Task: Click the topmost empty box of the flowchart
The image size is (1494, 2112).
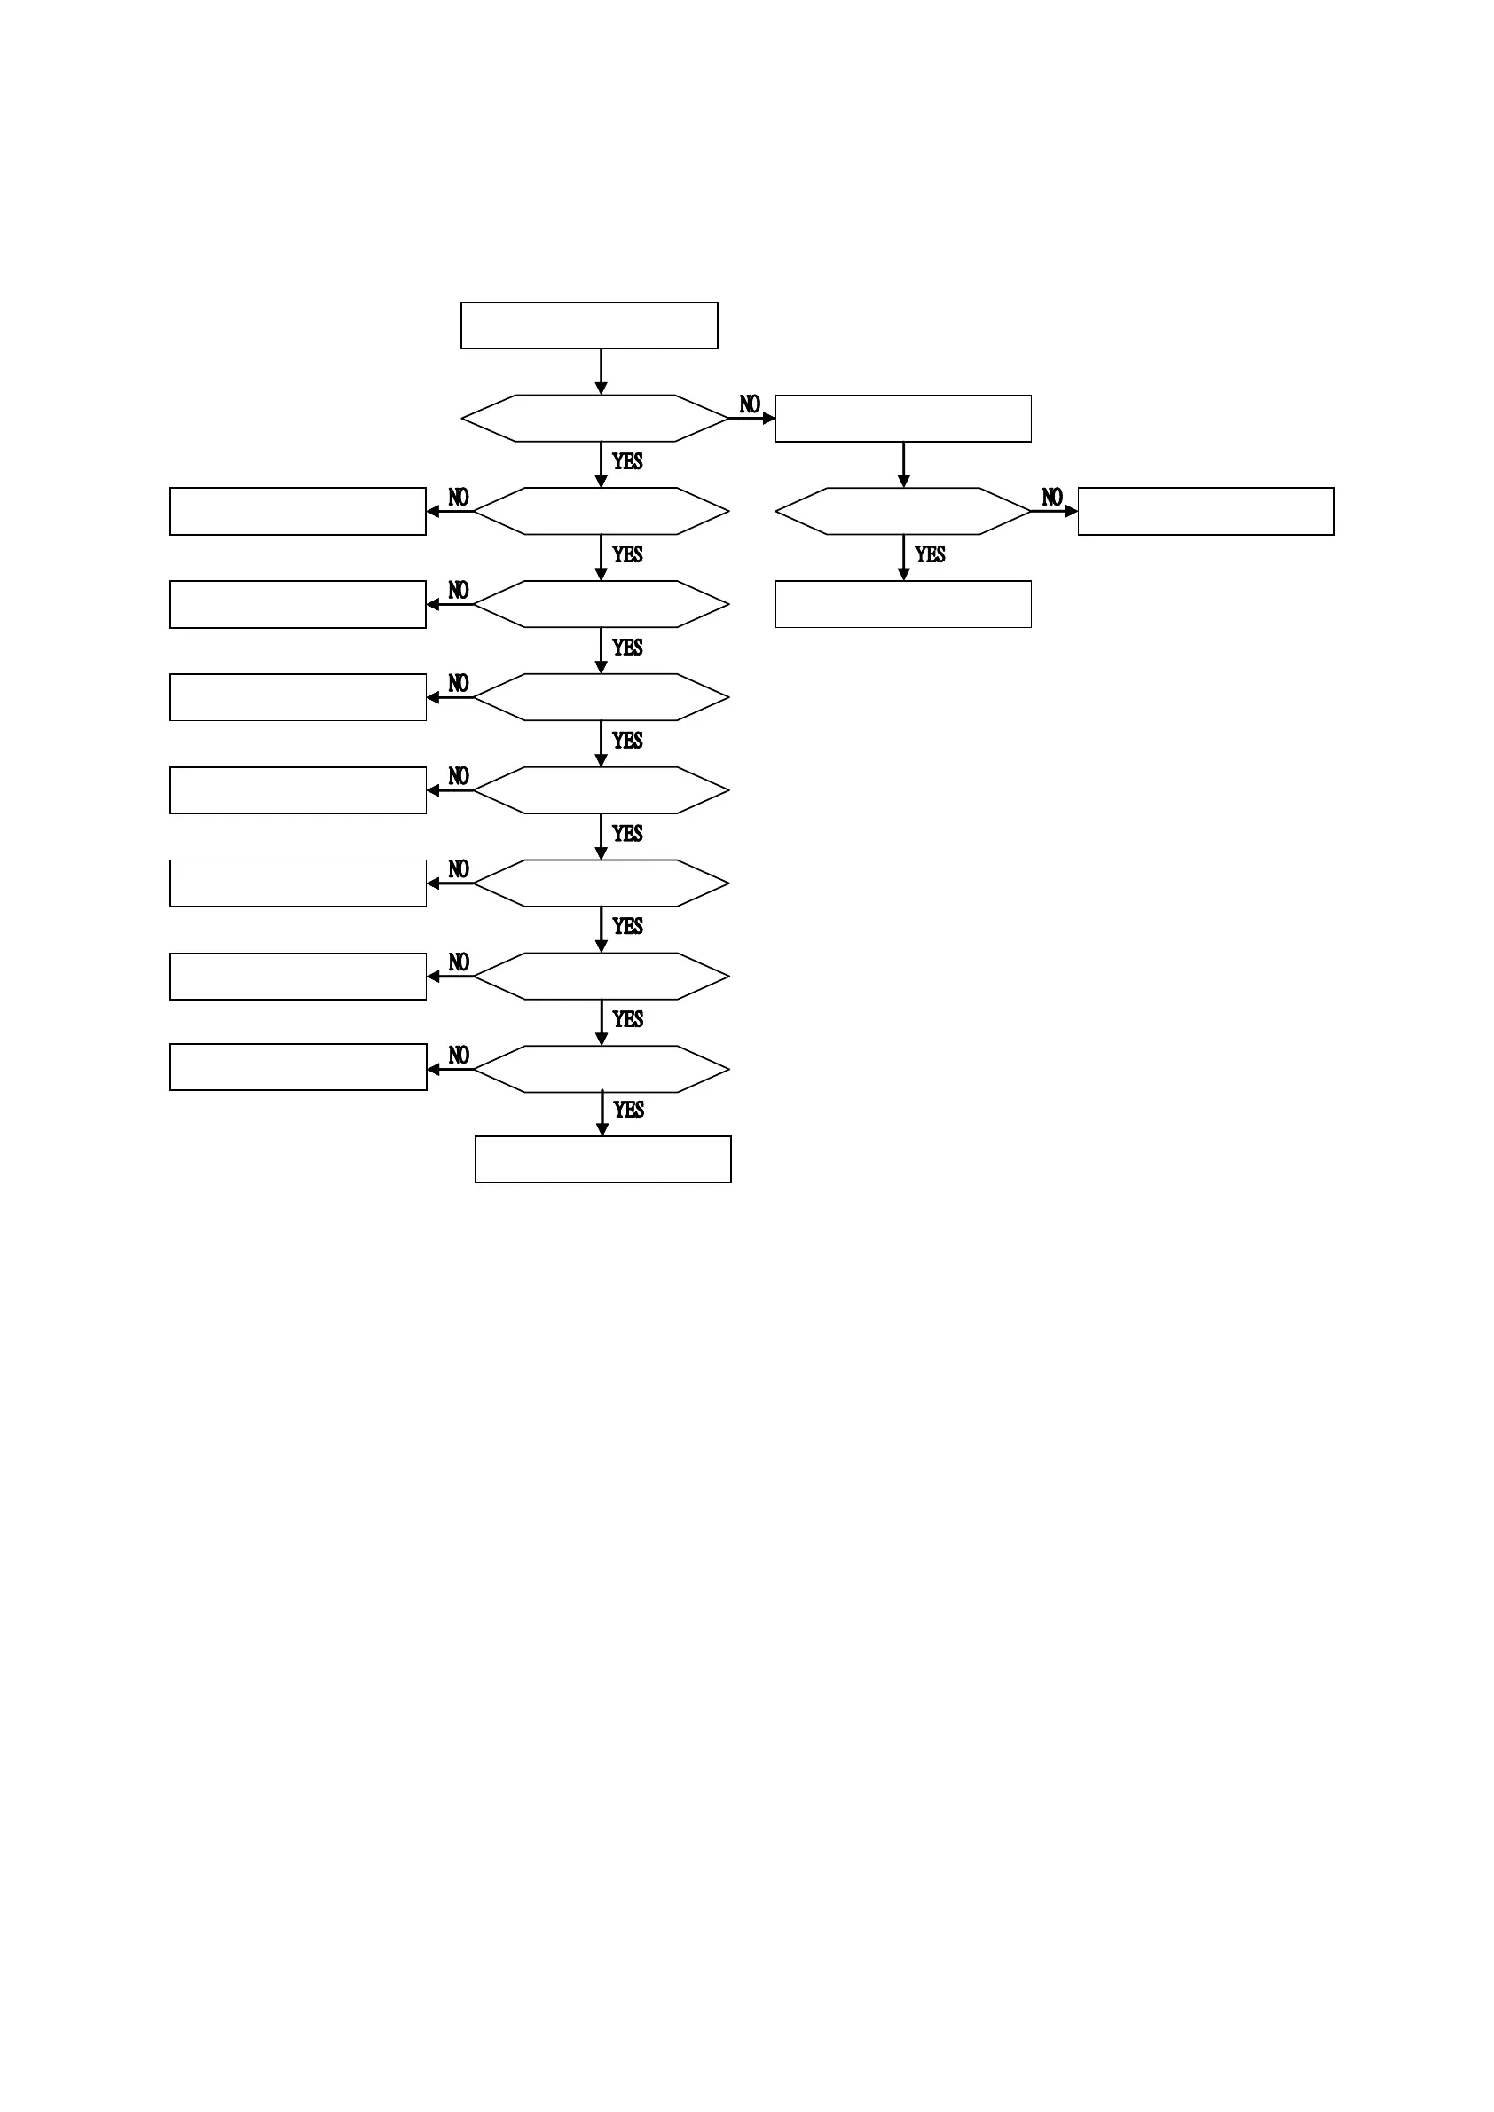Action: (589, 326)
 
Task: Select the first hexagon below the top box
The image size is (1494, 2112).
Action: (594, 419)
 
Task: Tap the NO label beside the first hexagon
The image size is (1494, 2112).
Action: (750, 404)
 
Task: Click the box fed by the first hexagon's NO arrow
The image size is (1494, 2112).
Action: (902, 419)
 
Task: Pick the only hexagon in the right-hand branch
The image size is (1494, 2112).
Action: (902, 512)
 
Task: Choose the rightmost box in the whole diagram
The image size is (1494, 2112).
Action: (1205, 512)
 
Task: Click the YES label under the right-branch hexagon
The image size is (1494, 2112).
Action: (930, 554)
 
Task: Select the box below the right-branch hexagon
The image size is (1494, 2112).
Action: (902, 604)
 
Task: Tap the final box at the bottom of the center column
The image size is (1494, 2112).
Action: (602, 1159)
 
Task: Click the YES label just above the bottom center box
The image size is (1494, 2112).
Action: (628, 1111)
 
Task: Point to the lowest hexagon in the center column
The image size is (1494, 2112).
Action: (602, 1069)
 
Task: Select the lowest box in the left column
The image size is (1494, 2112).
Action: (298, 1067)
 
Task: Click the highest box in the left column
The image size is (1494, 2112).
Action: (298, 512)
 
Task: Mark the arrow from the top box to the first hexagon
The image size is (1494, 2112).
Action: (601, 372)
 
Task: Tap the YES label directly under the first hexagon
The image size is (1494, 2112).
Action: (627, 462)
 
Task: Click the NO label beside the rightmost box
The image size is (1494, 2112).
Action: (1052, 498)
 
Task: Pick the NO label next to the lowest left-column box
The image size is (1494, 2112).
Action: (458, 1055)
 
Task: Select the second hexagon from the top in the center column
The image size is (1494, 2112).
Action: (602, 512)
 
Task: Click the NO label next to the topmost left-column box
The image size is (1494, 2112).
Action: (458, 498)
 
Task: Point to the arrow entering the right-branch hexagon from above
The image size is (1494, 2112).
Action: (903, 465)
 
